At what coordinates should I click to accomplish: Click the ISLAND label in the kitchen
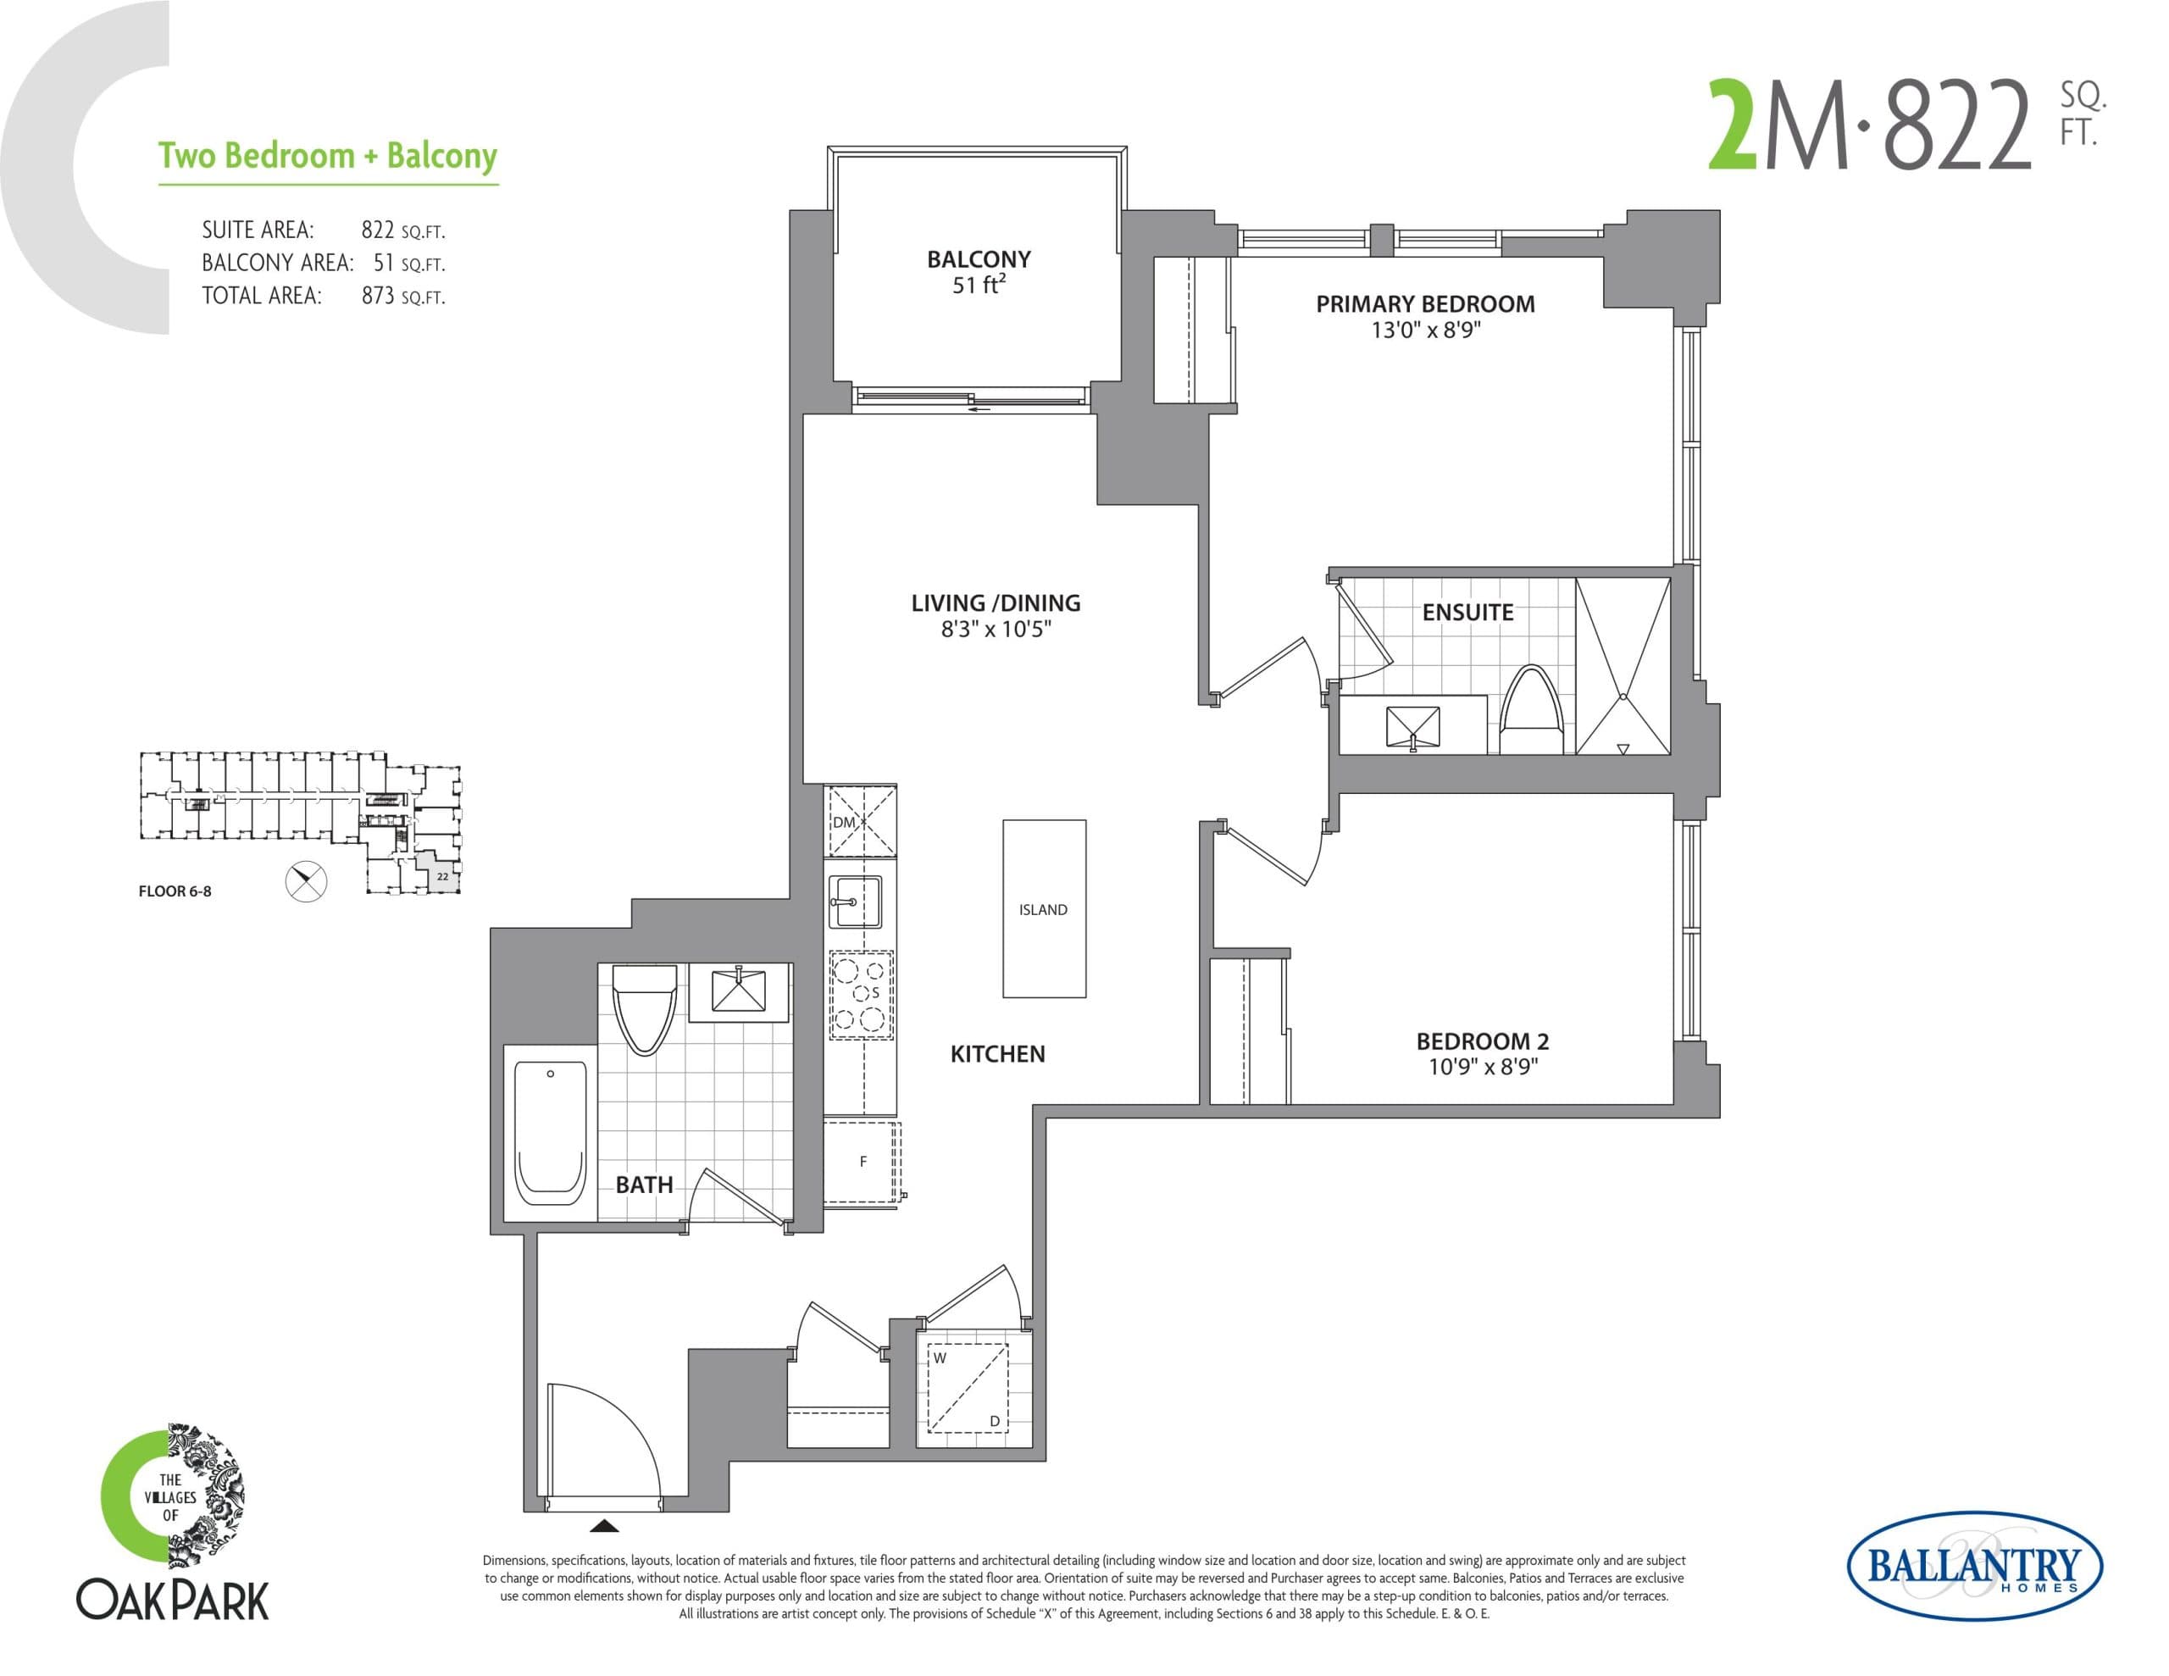pos(1043,910)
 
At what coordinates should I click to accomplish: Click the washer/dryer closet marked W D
pos(967,1389)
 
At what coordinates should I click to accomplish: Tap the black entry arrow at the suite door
pos(604,1526)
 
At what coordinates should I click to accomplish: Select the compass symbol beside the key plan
pos(306,880)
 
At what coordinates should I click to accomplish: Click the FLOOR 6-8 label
pos(175,891)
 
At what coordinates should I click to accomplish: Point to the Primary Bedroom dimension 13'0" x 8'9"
pos(1425,330)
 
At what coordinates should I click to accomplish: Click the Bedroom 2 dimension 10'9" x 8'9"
pos(1483,1067)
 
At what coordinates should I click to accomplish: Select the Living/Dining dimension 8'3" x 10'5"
pos(996,629)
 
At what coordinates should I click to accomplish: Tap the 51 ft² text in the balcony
pos(979,286)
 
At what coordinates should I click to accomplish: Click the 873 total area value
pos(379,296)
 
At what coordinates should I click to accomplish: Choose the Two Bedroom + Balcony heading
pos(328,157)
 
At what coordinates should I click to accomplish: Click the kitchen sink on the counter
pos(854,901)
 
